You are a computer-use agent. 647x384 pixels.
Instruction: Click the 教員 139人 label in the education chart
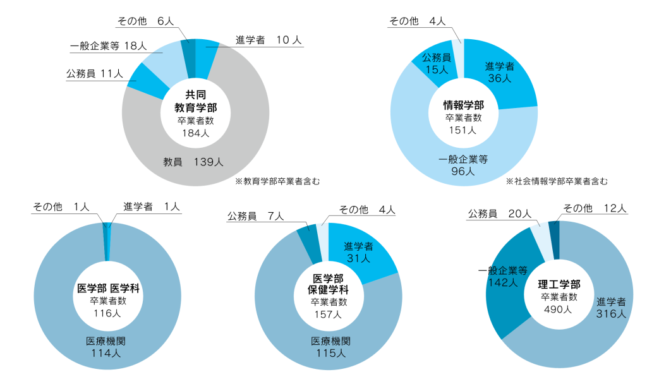(193, 162)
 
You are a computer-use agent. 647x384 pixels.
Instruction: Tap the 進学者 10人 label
(269, 40)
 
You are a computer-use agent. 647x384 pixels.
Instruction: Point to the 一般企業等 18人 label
(108, 45)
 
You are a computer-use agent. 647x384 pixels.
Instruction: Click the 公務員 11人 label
(95, 74)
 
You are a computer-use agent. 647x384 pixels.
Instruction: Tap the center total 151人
(463, 130)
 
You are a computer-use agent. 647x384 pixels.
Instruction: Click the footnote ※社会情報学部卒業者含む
(557, 181)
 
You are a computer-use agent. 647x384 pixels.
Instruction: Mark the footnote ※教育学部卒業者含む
(277, 181)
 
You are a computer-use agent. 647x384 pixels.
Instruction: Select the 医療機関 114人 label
(106, 347)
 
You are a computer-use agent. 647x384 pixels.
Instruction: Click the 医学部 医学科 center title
(108, 288)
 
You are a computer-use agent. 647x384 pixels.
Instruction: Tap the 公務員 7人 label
(255, 216)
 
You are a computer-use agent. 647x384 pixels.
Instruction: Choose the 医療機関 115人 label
(331, 347)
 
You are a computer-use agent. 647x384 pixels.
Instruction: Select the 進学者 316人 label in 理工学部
(611, 308)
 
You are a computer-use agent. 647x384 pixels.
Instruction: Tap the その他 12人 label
(595, 208)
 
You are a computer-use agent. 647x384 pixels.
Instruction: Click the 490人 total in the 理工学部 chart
(558, 309)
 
